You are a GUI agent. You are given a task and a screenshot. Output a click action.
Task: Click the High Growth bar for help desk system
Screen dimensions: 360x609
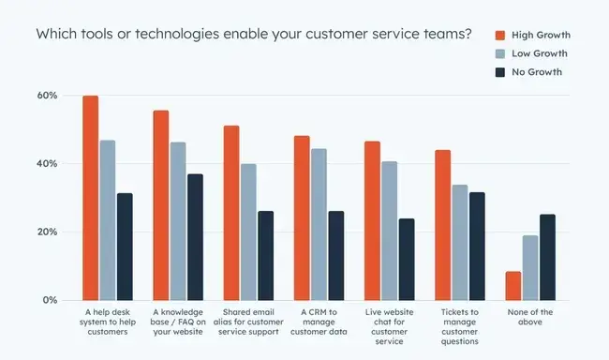click(x=90, y=198)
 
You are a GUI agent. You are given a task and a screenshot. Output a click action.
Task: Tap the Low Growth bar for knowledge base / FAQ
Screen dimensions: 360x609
click(x=178, y=221)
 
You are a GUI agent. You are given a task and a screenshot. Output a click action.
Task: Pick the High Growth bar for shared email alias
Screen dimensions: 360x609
click(x=231, y=213)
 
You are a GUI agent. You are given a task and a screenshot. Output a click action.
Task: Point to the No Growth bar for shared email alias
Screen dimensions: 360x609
click(x=266, y=255)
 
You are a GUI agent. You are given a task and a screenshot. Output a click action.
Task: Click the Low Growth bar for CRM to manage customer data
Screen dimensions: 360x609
click(x=319, y=224)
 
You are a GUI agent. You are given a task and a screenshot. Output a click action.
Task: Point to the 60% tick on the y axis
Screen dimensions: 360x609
click(x=47, y=96)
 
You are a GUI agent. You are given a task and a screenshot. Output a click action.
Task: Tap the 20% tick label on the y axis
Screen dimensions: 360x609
click(x=47, y=232)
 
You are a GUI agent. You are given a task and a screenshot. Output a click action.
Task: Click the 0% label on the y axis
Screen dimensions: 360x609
click(x=50, y=300)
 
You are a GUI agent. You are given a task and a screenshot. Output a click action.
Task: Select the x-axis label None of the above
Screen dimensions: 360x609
click(x=530, y=318)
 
